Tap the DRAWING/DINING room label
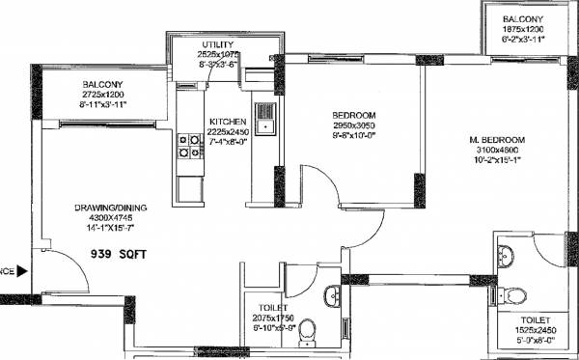point(109,208)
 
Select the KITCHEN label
point(229,122)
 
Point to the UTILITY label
point(217,45)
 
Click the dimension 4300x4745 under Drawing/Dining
point(108,218)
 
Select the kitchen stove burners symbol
point(182,145)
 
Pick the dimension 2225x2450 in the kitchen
point(229,132)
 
